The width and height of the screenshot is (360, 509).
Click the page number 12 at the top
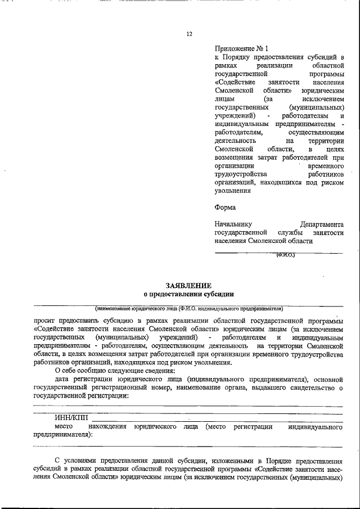[x=190, y=34]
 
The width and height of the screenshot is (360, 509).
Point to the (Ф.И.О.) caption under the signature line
[x=285, y=256]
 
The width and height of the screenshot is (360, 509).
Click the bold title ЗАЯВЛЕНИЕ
[x=188, y=286]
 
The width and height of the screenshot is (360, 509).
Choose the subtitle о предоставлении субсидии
[x=188, y=294]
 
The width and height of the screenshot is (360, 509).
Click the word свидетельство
[x=307, y=388]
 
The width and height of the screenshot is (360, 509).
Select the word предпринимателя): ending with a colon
[x=64, y=435]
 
